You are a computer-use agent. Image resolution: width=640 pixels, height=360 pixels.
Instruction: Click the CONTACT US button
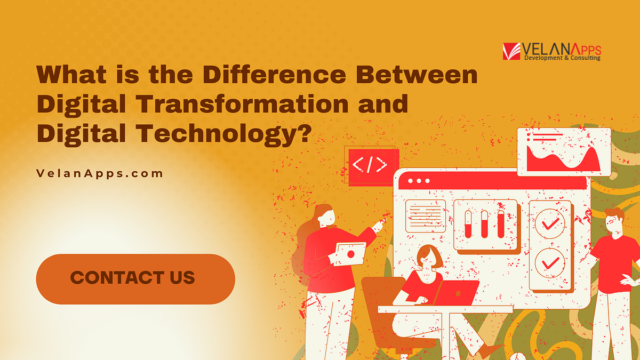click(135, 278)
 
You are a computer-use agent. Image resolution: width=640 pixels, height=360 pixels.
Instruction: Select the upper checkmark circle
click(549, 225)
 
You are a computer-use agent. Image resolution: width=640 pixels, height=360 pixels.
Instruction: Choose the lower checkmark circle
click(549, 262)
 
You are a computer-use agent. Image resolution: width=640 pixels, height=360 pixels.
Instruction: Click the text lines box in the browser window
click(426, 216)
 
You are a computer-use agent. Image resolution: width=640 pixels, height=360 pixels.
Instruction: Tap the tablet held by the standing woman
click(349, 253)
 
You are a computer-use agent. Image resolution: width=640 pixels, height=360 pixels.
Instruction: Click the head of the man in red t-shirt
click(614, 221)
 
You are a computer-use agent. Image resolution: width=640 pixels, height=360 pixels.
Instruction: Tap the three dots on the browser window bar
click(419, 181)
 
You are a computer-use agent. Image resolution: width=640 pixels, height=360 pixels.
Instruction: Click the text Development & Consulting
click(562, 58)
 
